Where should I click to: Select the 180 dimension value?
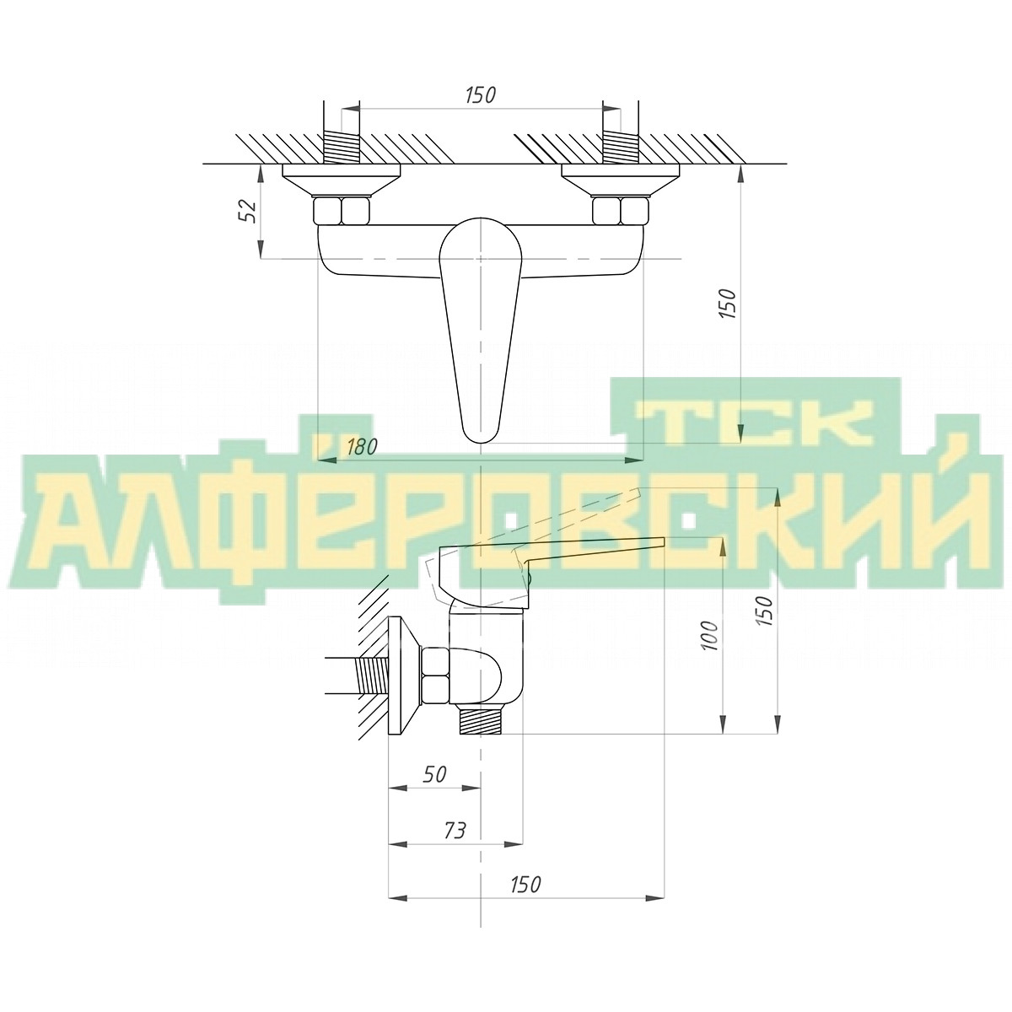(x=362, y=447)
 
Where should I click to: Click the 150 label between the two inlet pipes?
(x=481, y=95)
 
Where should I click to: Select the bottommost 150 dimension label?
(x=525, y=900)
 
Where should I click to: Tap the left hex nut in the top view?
(x=342, y=211)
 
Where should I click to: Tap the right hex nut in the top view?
(x=621, y=211)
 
